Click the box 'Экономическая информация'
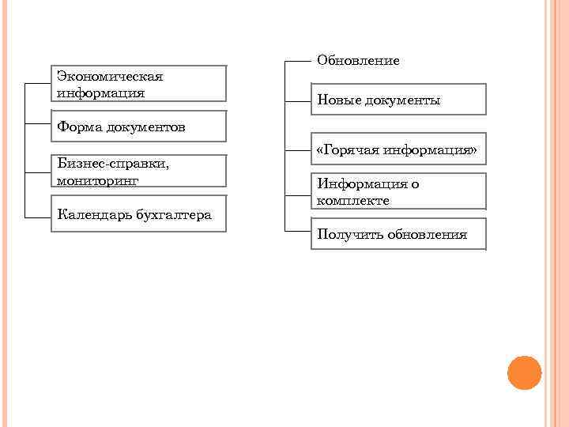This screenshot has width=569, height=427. point(138,83)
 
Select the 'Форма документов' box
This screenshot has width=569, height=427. point(138,127)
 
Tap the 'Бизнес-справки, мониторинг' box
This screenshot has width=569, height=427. point(138,171)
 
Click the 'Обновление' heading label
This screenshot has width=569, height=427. point(358,61)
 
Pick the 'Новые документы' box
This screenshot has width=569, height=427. point(398,101)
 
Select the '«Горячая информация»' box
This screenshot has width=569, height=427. point(398,149)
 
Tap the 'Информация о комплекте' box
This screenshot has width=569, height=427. point(398,191)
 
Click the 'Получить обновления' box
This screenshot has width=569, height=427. point(398,234)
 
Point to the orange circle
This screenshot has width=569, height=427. point(524,372)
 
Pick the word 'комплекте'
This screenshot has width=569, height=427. point(353,200)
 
